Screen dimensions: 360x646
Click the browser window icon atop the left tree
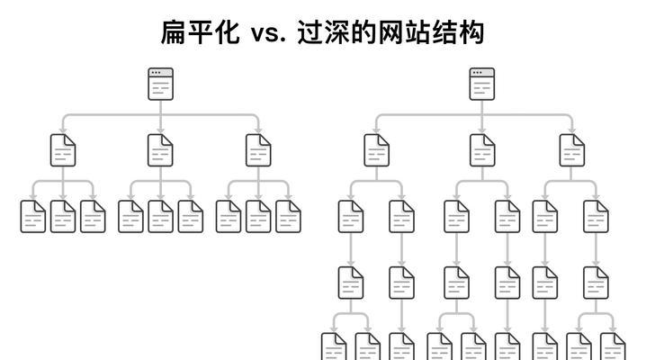160,84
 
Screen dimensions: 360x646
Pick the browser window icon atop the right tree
481,84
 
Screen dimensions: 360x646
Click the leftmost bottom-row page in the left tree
33,216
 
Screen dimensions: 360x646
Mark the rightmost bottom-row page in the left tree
288,216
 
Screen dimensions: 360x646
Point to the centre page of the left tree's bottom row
160,216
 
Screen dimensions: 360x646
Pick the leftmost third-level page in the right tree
351,216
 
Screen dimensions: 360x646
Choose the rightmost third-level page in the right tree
596,216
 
